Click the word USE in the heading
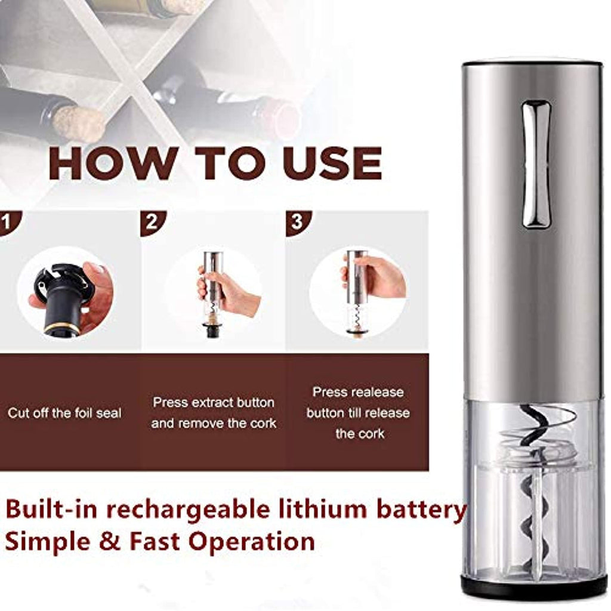pyautogui.click(x=333, y=163)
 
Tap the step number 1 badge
pyautogui.click(x=8, y=223)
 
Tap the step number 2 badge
pyautogui.click(x=153, y=223)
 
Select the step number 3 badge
pyautogui.click(x=298, y=223)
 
